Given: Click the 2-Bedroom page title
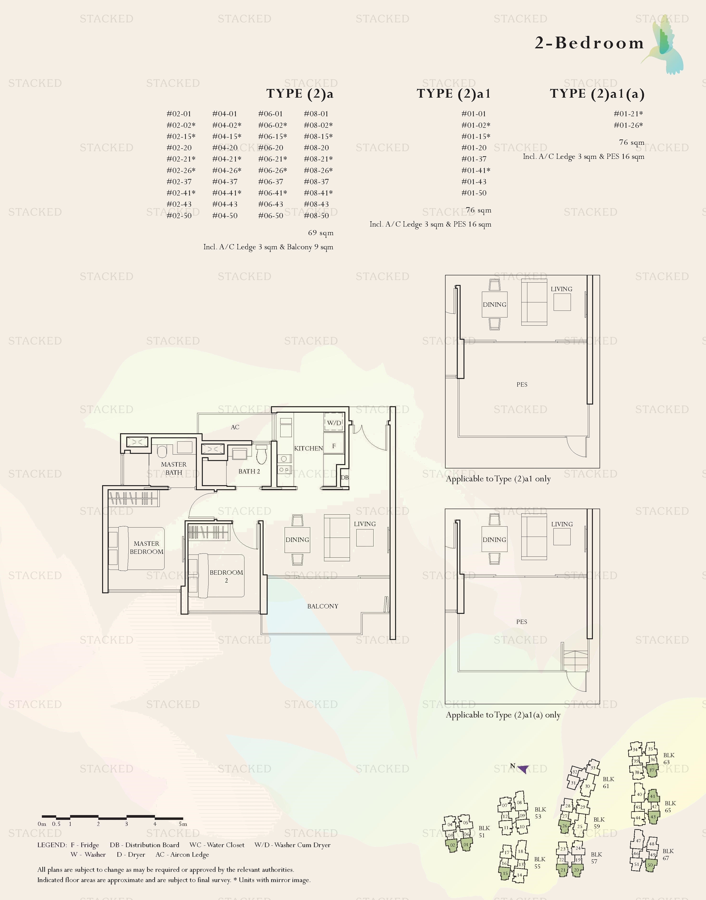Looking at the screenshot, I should click(589, 43).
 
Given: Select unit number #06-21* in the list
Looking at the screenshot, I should click(272, 159).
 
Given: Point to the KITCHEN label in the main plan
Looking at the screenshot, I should click(308, 448).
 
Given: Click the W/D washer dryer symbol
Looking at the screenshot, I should click(334, 422).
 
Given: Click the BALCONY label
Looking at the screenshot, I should click(322, 606).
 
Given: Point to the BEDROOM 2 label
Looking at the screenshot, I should click(226, 576).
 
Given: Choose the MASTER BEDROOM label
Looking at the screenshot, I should click(146, 547).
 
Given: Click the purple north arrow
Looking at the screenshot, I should click(523, 769).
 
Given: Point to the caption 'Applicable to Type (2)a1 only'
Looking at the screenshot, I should click(498, 479).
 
